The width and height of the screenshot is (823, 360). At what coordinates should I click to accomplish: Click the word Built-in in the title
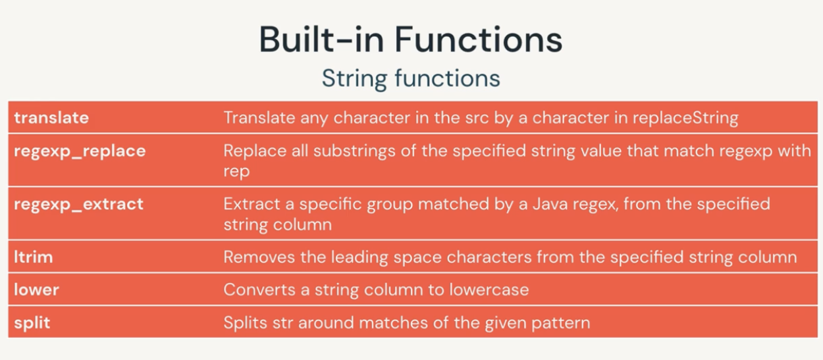(x=321, y=39)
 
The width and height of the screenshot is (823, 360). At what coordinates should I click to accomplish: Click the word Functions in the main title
(x=479, y=39)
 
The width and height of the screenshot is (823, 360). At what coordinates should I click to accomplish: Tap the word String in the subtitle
(x=355, y=79)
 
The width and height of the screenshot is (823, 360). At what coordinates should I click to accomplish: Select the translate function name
(x=51, y=118)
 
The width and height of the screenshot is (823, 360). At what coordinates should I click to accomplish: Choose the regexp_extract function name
(x=78, y=205)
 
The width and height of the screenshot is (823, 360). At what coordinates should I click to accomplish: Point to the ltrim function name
(x=34, y=257)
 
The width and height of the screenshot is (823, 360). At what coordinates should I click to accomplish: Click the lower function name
(x=36, y=290)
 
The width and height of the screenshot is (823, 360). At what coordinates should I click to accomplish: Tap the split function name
(x=32, y=323)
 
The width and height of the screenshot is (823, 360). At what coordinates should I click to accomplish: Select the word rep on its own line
(x=236, y=172)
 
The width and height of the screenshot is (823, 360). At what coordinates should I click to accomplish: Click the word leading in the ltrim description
(x=359, y=257)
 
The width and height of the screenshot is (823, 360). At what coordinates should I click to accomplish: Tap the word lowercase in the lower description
(x=489, y=290)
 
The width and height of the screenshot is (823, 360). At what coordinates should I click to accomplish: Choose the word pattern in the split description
(x=561, y=323)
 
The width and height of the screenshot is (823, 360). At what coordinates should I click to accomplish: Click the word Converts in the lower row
(x=259, y=290)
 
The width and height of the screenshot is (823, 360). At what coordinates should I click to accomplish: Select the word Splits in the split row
(x=246, y=323)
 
